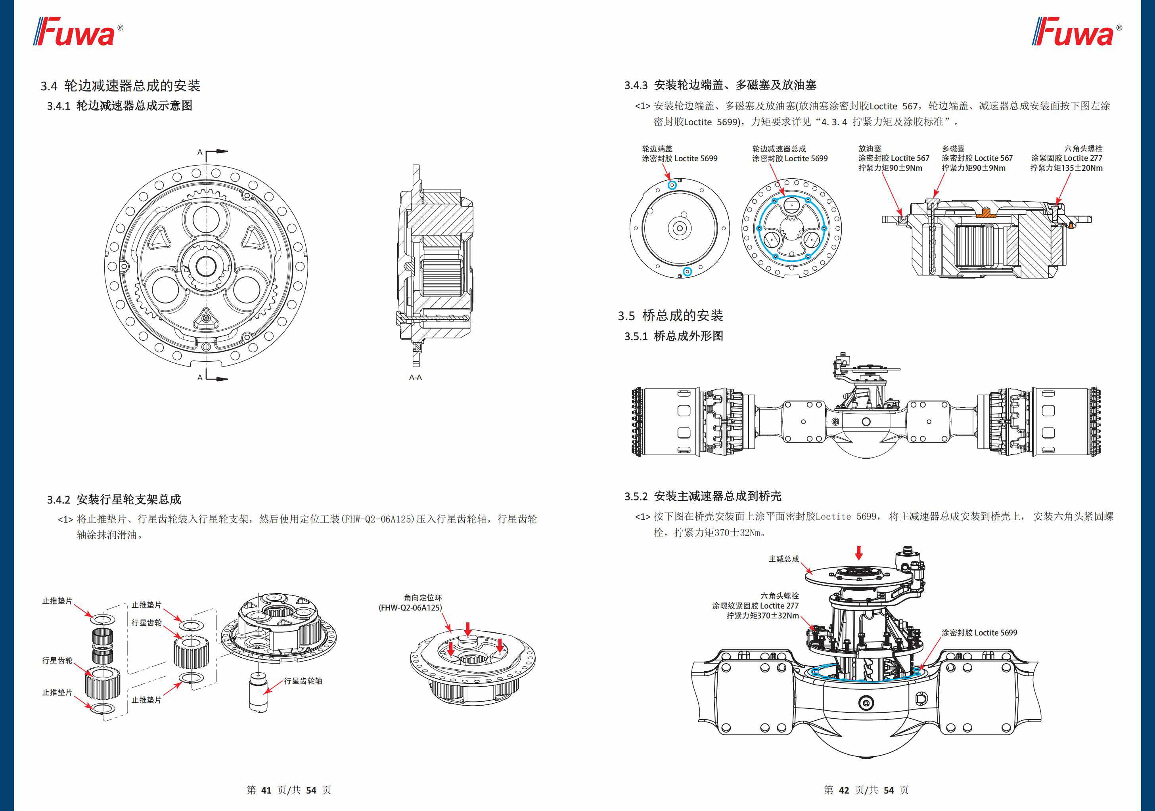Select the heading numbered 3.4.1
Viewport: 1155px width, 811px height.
120,106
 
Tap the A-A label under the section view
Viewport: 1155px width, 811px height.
415,377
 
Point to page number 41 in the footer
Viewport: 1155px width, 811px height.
266,790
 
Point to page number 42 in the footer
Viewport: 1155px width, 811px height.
844,790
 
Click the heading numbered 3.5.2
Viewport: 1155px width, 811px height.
703,496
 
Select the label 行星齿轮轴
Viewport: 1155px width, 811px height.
303,681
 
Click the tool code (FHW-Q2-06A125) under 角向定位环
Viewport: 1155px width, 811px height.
410,608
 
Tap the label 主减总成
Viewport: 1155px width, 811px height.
783,559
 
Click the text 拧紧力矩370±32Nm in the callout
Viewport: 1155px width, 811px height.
762,615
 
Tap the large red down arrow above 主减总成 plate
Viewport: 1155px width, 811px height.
859,553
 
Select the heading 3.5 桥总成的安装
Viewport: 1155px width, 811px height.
670,316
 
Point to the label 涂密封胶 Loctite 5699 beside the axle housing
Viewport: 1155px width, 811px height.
979,632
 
